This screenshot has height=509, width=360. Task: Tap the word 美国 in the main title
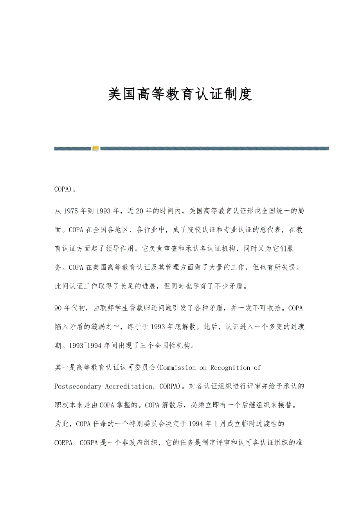point(122,94)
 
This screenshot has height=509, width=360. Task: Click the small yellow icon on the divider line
point(95,148)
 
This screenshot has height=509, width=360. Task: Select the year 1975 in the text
point(70,211)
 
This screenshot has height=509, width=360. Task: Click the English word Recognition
point(230,367)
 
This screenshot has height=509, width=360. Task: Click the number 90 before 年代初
point(58,308)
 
